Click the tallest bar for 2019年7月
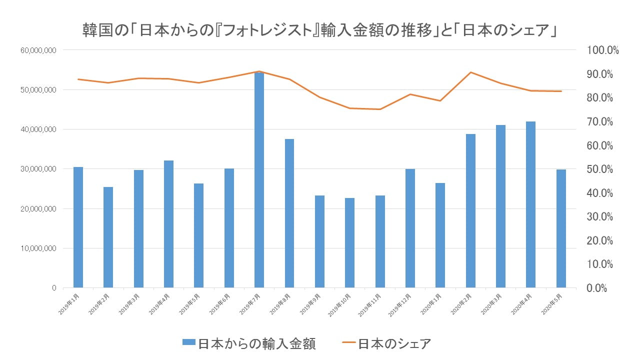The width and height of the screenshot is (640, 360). [259, 180]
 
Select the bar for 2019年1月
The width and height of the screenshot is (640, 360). [78, 227]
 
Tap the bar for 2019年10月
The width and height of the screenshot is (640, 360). [349, 243]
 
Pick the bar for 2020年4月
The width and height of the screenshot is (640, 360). [530, 204]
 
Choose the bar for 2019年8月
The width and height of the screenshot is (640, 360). [289, 213]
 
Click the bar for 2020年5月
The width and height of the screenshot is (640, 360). [561, 228]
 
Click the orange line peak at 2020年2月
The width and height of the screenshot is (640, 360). [470, 72]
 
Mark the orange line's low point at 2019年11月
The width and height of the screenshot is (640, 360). [380, 109]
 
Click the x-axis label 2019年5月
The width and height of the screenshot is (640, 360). [192, 304]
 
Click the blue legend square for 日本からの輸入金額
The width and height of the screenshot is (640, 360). [188, 343]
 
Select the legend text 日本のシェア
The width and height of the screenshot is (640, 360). [394, 343]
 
